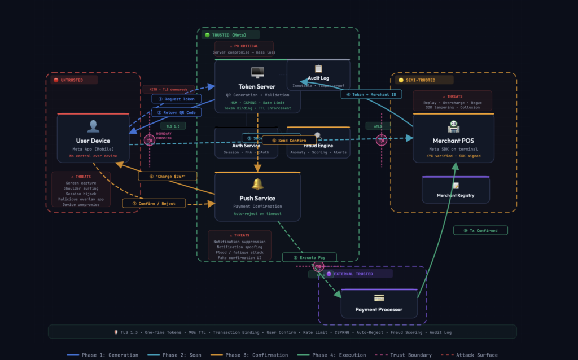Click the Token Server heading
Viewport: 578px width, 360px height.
pyautogui.click(x=257, y=86)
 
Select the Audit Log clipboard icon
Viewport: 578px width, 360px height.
pyautogui.click(x=318, y=68)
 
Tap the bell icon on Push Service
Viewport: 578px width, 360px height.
pyautogui.click(x=257, y=184)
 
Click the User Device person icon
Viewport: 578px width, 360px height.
pyautogui.click(x=93, y=126)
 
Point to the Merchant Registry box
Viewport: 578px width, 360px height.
pyautogui.click(x=456, y=190)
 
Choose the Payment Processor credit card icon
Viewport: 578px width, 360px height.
pyautogui.click(x=379, y=297)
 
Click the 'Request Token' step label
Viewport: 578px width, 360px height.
pyautogui.click(x=176, y=99)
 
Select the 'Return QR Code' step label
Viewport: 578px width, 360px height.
pyautogui.click(x=176, y=112)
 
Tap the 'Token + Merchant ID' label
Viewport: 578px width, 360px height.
pyautogui.click(x=371, y=94)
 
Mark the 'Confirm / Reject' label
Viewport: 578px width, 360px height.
pyautogui.click(x=154, y=203)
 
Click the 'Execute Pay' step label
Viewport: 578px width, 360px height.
pyautogui.click(x=309, y=257)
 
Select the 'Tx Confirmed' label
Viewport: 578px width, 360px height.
pyautogui.click(x=480, y=230)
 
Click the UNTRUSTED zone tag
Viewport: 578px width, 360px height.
pyautogui.click(x=71, y=80)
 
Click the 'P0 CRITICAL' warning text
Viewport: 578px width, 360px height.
pyautogui.click(x=244, y=45)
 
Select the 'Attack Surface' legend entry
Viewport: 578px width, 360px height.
pyautogui.click(x=476, y=355)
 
